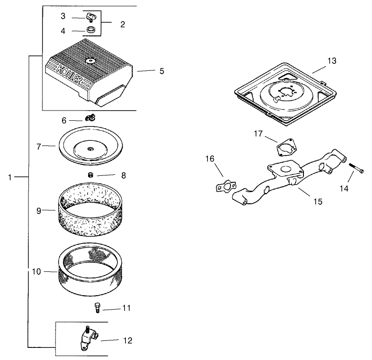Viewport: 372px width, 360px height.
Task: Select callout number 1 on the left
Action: pyautogui.click(x=10, y=177)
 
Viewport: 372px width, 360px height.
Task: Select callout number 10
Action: pyautogui.click(x=36, y=271)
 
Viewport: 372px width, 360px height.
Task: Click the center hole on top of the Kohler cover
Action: pyautogui.click(x=90, y=60)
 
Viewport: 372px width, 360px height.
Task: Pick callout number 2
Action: pyautogui.click(x=123, y=24)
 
